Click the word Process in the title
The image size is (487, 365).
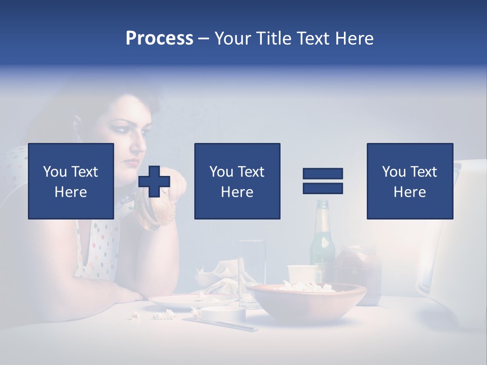pos(159,39)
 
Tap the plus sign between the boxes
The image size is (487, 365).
pos(154,181)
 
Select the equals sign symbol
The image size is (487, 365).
pos(323,181)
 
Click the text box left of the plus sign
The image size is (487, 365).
pos(71,181)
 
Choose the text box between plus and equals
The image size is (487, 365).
pos(237,181)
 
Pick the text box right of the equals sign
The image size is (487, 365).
pos(409,181)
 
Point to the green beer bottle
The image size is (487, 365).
pos(322,243)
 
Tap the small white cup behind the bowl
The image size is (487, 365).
pos(302,274)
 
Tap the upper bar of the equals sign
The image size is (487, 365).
pos(323,174)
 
